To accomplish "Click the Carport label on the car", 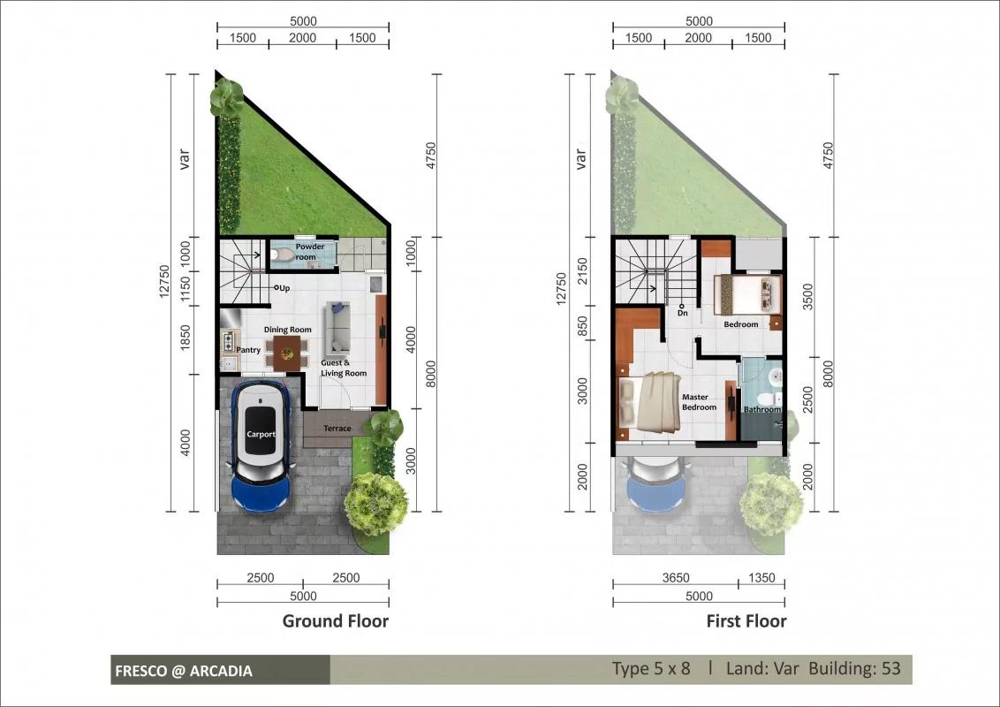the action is coord(261,434).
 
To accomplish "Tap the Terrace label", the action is coord(337,428).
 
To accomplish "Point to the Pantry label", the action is coord(248,350).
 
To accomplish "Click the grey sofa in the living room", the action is coord(338,328).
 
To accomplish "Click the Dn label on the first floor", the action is coord(682,313).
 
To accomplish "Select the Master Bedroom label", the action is coord(699,402).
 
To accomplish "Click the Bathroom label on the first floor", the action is coord(762,409).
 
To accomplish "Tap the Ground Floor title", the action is coord(336,621).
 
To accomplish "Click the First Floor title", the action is coord(746,621).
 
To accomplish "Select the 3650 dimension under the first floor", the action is coord(676,577).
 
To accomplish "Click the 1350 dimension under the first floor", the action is coord(761,577).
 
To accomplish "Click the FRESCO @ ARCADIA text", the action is coord(184,671).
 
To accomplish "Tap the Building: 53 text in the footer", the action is coord(854,668).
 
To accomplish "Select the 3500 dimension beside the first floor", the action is coord(808,297).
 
